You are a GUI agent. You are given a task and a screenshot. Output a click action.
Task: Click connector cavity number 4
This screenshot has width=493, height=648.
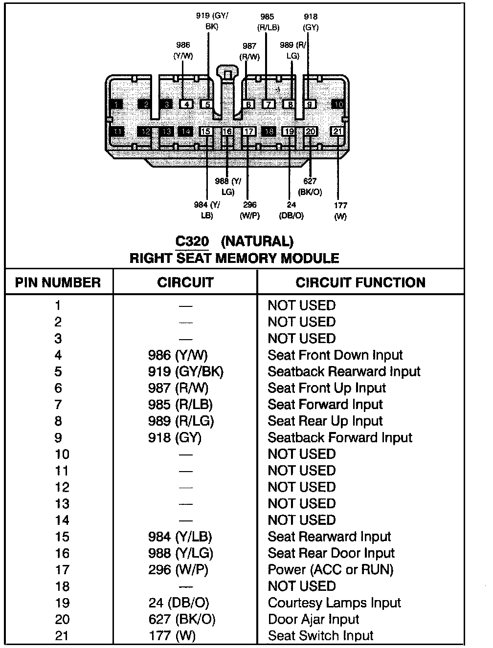tap(186, 104)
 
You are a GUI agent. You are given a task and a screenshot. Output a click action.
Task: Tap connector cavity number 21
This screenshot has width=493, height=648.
tap(338, 131)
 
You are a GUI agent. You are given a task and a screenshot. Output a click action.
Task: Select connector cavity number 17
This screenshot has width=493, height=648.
tap(248, 131)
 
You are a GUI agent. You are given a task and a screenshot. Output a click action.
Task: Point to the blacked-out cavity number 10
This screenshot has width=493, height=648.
tap(338, 104)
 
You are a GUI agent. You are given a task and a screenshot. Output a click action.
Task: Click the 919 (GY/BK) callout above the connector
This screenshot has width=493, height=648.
tap(212, 21)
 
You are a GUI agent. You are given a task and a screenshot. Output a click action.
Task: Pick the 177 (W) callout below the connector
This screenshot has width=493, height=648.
tap(340, 211)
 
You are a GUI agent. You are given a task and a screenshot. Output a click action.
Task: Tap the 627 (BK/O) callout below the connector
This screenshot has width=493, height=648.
tap(310, 187)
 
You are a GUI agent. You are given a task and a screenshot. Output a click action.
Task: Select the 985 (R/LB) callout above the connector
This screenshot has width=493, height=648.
tap(267, 22)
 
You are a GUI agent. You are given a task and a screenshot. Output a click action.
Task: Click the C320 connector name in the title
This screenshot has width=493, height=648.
tap(192, 241)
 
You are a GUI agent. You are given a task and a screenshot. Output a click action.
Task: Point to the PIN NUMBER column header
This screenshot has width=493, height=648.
tap(58, 282)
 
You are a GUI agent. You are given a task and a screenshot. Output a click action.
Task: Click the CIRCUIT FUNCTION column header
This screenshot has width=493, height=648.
tap(360, 282)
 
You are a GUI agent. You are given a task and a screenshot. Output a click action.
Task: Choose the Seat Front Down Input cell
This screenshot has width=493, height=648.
tap(335, 355)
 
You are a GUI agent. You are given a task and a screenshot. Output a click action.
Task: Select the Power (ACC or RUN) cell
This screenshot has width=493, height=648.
tap(330, 570)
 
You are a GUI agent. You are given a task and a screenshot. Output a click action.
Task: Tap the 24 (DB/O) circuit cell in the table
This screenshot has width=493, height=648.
tap(181, 603)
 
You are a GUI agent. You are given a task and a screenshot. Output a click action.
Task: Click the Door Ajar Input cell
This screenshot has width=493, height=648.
tap(314, 620)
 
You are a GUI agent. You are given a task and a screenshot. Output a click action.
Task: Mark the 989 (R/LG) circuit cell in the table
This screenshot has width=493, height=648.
tap(181, 421)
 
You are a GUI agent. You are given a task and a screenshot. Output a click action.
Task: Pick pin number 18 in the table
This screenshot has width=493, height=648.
tap(62, 586)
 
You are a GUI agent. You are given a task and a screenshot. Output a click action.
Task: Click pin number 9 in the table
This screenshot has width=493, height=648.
tap(58, 438)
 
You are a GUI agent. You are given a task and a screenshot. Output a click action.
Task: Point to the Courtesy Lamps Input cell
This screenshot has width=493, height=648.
tap(334, 603)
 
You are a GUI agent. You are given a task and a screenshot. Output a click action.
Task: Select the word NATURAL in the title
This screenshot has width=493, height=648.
tap(257, 241)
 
